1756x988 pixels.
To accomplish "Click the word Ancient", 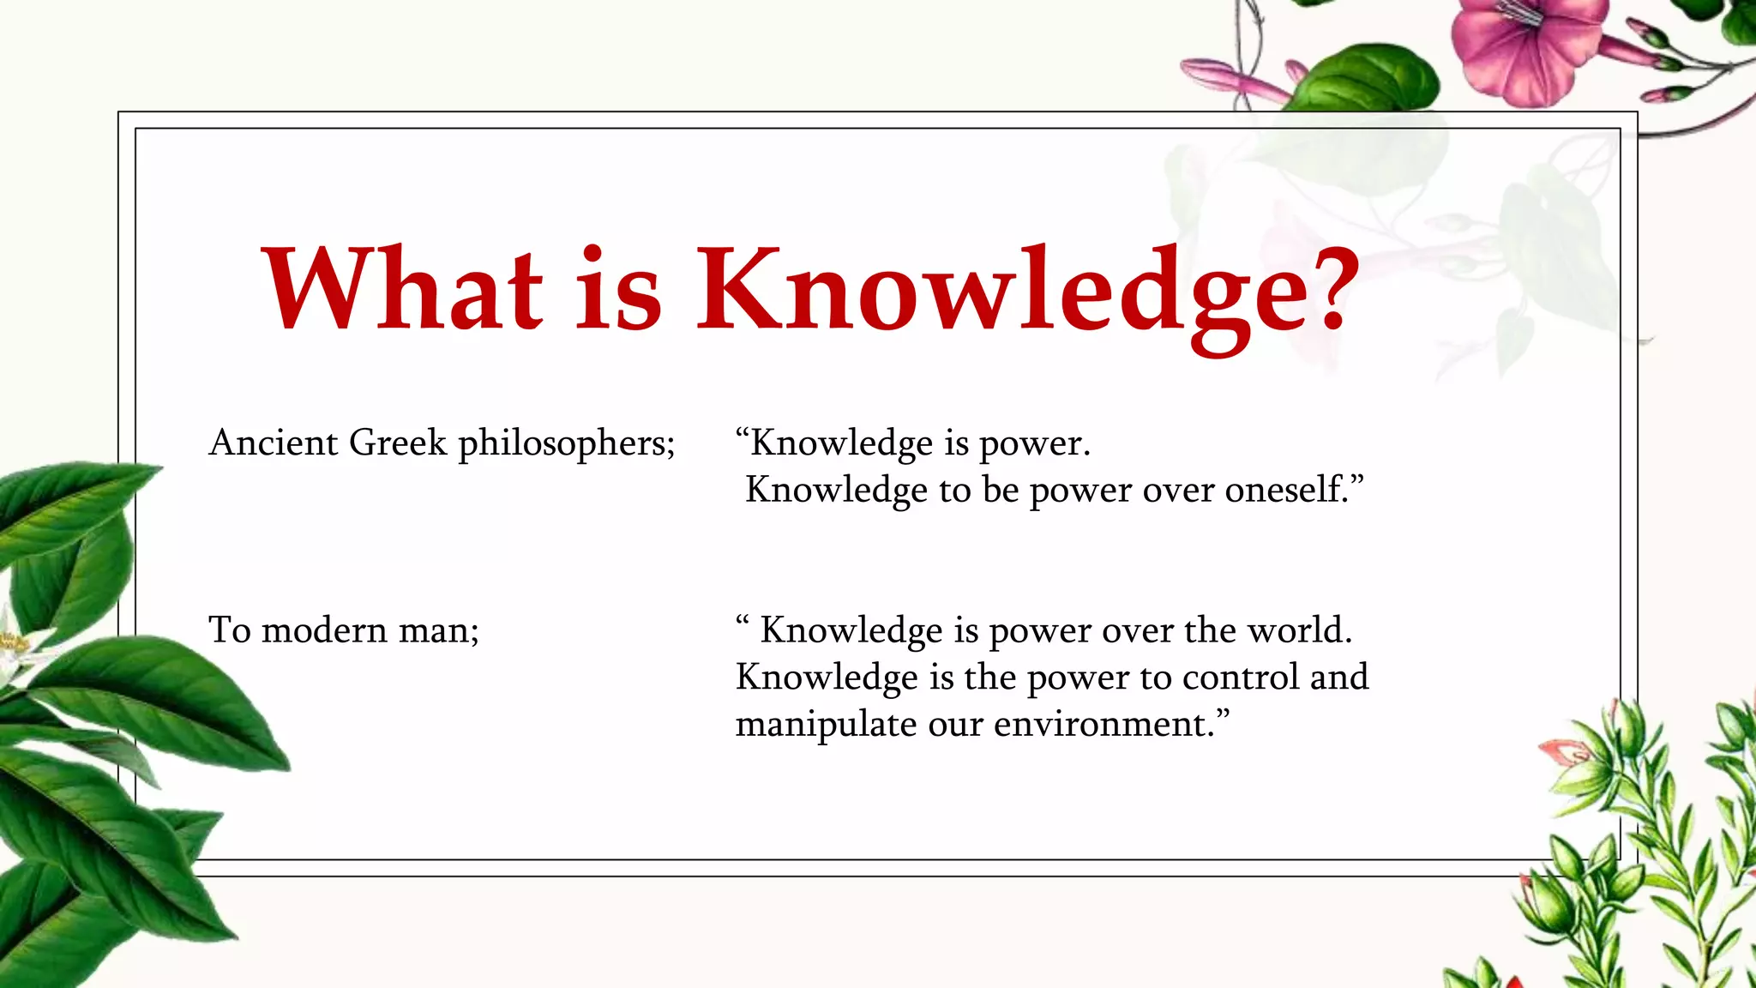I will [x=274, y=443].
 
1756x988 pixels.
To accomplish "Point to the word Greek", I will [x=398, y=443].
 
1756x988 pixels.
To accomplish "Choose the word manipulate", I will [x=826, y=726].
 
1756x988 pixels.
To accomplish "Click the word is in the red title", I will [x=617, y=290].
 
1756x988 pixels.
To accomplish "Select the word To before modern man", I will [x=229, y=631].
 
